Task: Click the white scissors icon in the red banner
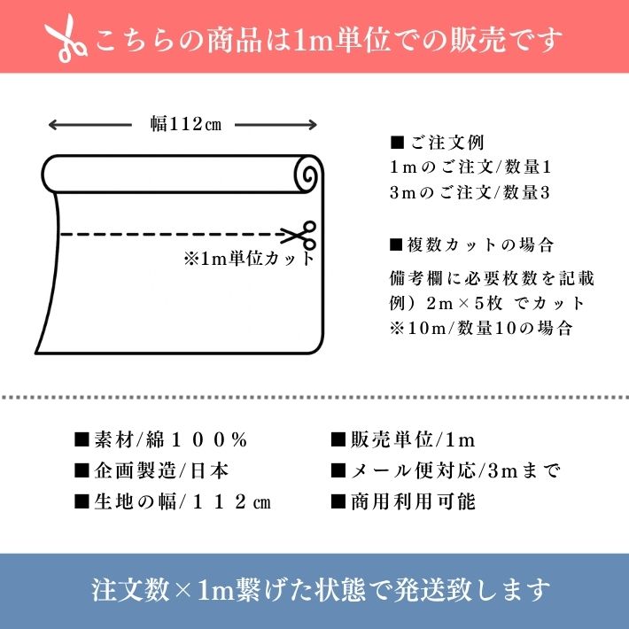[66, 38]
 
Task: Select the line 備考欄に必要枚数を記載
[492, 278]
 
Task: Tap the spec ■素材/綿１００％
[160, 440]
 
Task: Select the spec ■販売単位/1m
[403, 440]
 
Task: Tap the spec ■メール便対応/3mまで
[445, 470]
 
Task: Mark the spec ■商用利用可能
[403, 501]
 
